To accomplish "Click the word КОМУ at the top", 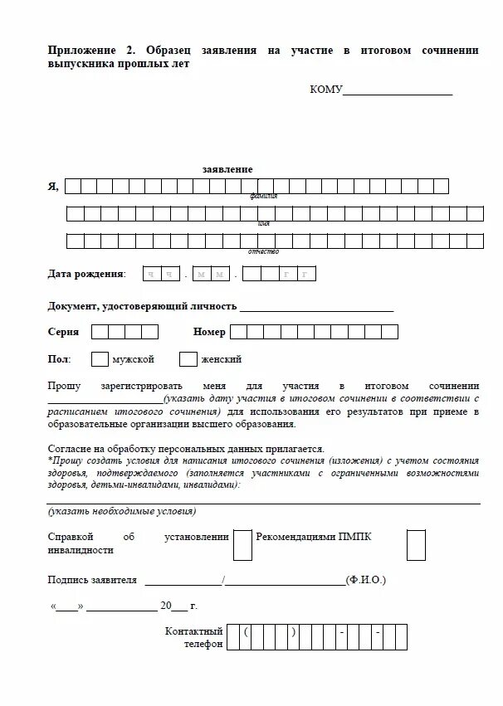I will pos(325,90).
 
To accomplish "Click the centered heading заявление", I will pos(227,169).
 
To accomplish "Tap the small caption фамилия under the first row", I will pos(263,197).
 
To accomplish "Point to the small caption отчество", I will pos(263,251).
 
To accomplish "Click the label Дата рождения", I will pos(86,274).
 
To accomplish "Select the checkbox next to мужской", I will pos(100,359).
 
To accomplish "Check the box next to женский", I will pos(188,359).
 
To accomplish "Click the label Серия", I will pos(63,332).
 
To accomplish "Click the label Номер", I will pos(209,332).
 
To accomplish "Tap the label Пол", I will pos(59,359).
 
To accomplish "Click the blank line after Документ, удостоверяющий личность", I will pos(316,308).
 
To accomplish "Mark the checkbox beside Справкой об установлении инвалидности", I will pos(242,544).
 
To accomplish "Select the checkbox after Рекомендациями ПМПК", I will pos(416,544).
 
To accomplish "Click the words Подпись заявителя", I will pos(92,580).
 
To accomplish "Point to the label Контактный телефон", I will pos(194,638).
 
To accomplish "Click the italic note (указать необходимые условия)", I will pos(122,511).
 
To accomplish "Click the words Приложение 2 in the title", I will pos(86,51).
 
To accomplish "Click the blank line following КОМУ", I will pos(398,90).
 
